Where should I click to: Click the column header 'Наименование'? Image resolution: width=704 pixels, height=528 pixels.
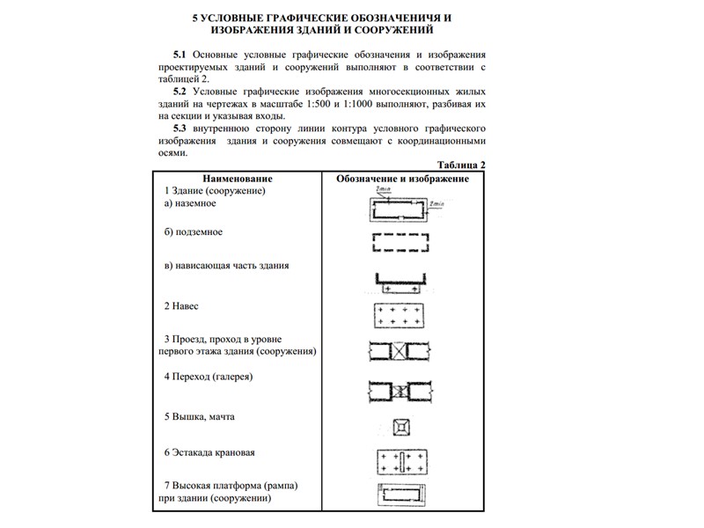click(237, 179)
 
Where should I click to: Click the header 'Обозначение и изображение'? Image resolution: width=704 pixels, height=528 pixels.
click(402, 179)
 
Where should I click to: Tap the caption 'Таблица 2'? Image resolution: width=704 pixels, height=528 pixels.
click(461, 165)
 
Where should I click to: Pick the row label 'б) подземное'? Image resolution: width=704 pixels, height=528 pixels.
click(194, 232)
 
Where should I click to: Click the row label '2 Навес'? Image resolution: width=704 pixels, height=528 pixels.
click(181, 305)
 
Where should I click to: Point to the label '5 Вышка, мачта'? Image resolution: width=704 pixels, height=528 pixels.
click(200, 415)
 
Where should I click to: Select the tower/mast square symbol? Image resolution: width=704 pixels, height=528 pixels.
click(402, 426)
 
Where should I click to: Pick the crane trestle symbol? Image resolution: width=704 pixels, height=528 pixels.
click(402, 463)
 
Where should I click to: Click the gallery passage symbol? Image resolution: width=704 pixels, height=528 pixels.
click(402, 389)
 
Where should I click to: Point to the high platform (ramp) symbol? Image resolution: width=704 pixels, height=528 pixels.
click(402, 496)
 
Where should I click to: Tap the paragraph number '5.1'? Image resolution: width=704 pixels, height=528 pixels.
click(180, 54)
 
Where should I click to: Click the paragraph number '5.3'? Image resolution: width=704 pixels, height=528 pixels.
click(180, 128)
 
